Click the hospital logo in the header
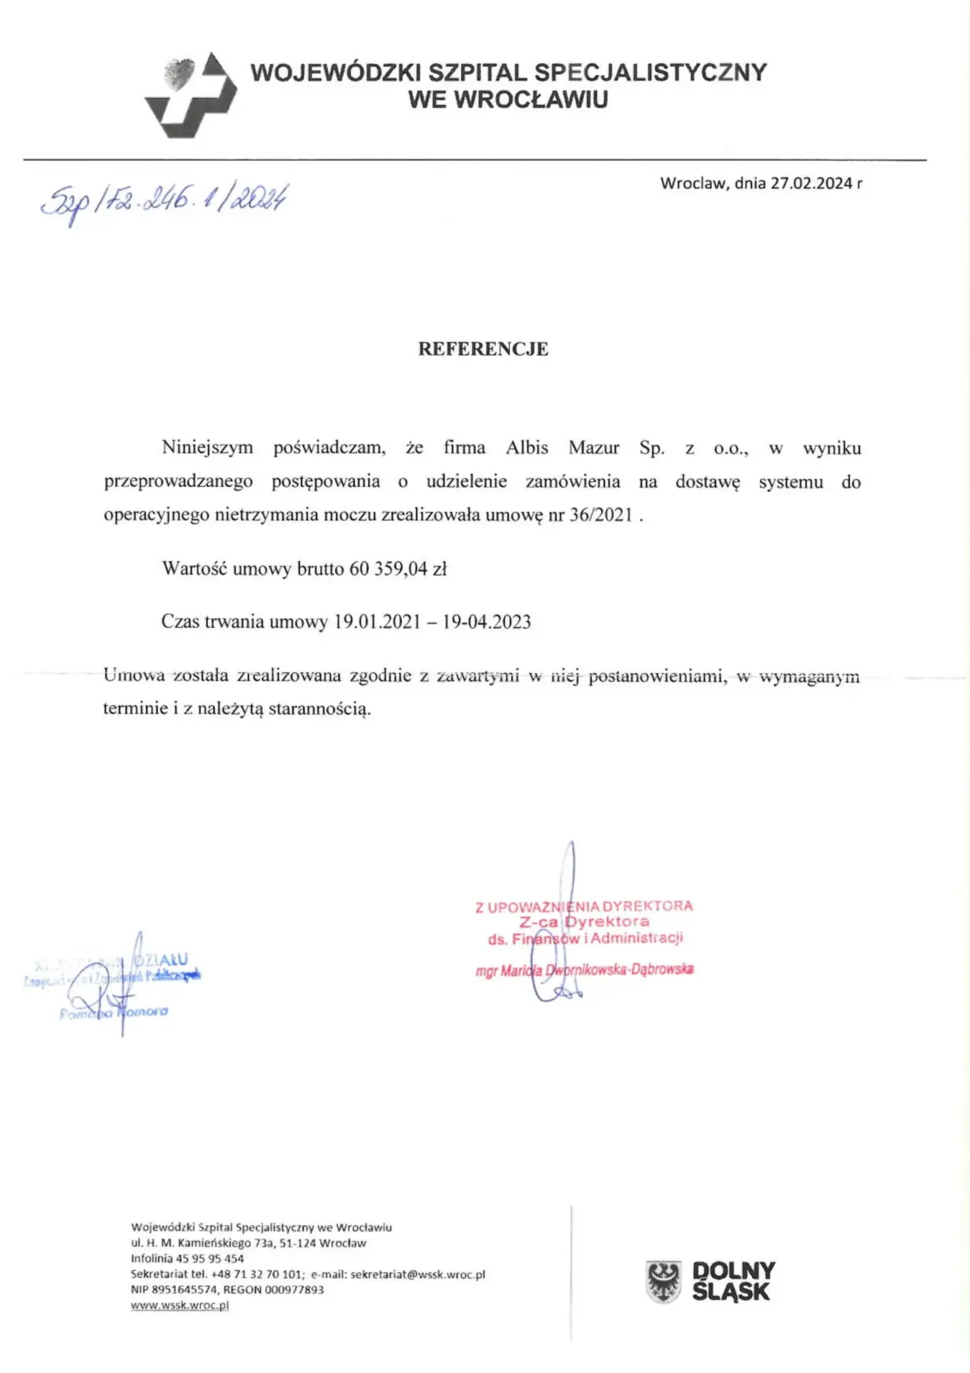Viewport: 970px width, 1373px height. tap(191, 95)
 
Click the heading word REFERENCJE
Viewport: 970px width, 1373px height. tap(483, 349)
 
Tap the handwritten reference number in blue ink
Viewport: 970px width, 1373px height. tap(164, 200)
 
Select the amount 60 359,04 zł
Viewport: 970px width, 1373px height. tap(397, 569)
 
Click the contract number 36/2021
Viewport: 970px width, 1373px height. tap(600, 515)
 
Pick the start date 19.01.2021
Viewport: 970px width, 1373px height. tap(377, 621)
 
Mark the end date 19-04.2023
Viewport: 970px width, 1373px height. tap(487, 621)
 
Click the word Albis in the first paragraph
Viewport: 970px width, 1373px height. tap(527, 448)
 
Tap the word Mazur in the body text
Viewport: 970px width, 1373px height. tap(593, 448)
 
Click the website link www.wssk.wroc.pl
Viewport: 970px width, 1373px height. tap(179, 1305)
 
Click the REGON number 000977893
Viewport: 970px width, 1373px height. tap(294, 1289)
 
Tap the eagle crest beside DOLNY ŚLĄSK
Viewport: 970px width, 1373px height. tap(663, 1281)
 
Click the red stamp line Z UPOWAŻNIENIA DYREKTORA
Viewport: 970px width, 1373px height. tap(584, 907)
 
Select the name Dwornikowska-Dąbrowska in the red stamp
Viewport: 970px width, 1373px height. tap(619, 970)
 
